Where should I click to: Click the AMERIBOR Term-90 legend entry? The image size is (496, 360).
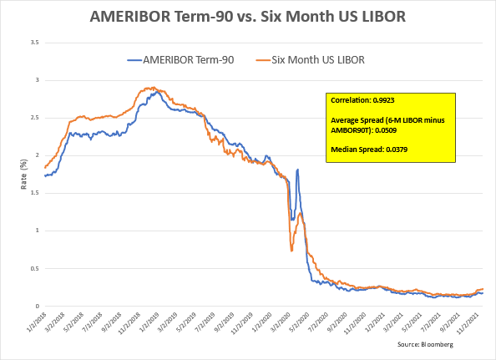click(x=182, y=59)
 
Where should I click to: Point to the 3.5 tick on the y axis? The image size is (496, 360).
click(x=33, y=41)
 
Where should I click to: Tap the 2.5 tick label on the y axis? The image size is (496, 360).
click(x=33, y=117)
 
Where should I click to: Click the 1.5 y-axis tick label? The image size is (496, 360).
click(x=33, y=192)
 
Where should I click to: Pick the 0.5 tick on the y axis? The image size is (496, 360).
click(x=33, y=267)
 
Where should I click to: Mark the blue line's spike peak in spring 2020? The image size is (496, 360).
click(x=298, y=170)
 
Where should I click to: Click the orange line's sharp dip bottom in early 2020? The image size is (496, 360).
click(x=291, y=251)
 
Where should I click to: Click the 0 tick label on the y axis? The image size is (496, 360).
click(x=36, y=306)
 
